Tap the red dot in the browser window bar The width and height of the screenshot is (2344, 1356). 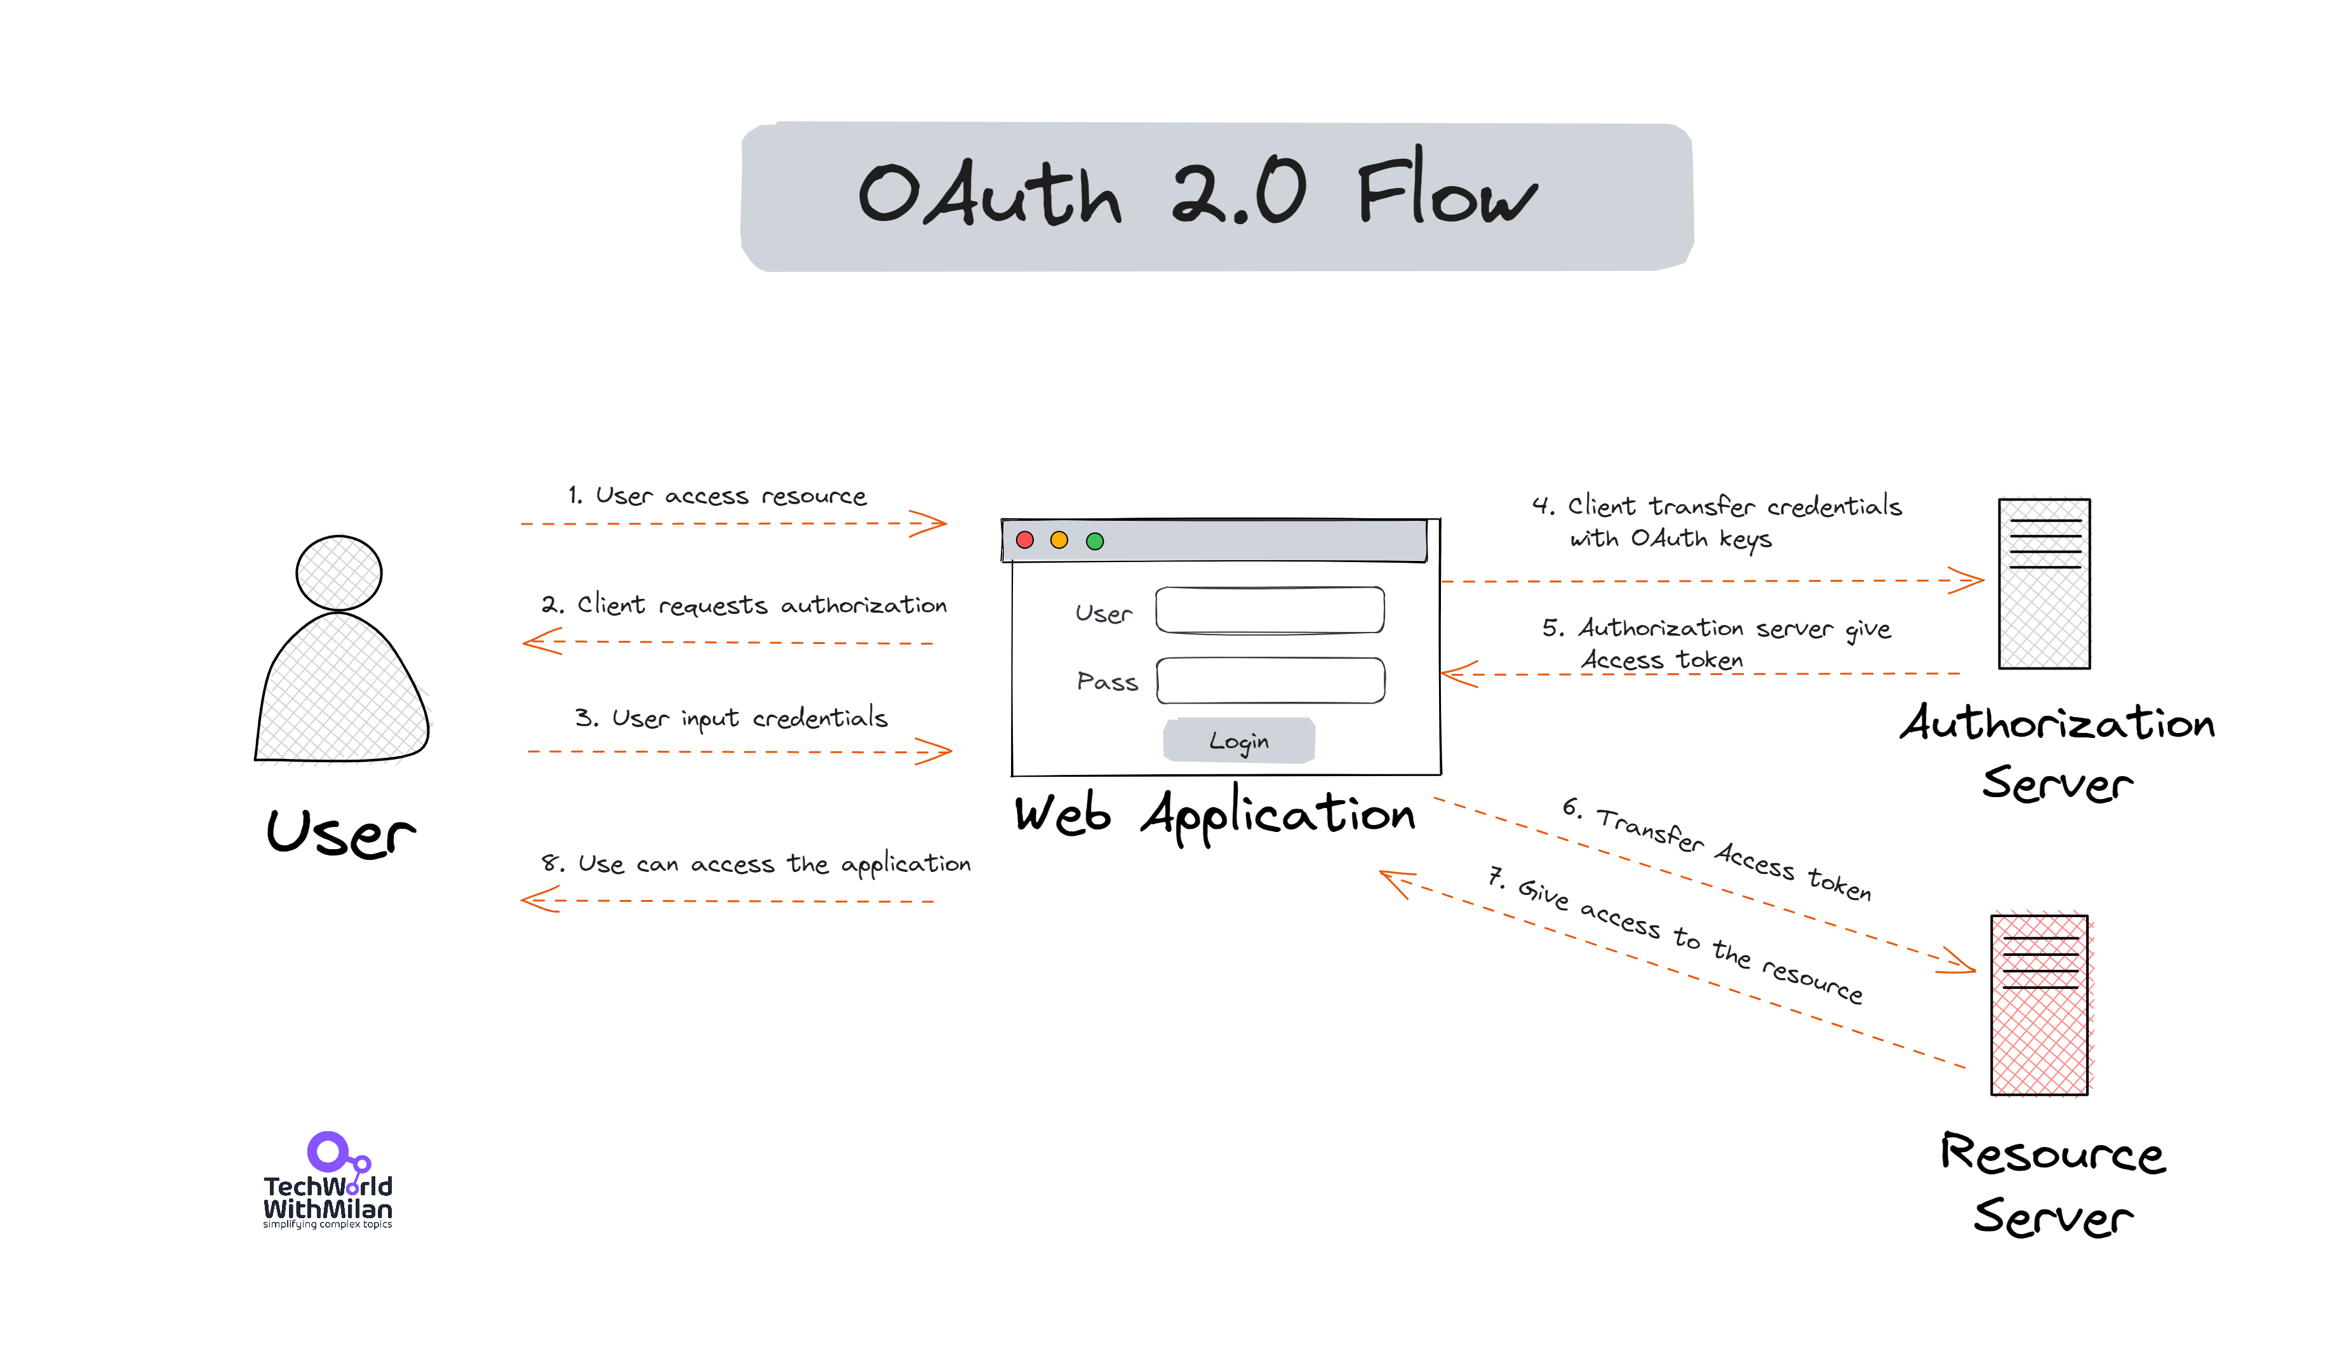coord(1025,540)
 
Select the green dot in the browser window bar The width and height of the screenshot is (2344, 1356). coord(1095,541)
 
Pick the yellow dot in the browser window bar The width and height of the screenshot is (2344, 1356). coord(1059,540)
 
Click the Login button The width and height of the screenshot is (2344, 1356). coord(1239,741)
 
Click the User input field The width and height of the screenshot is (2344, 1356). coord(1269,610)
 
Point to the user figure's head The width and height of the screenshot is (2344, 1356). coord(338,573)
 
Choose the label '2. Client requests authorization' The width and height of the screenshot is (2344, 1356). coord(744,605)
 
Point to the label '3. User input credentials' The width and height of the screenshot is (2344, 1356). coord(731,718)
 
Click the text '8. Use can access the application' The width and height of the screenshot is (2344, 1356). coord(755,864)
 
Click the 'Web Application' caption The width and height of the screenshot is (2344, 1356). coord(1215,815)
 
